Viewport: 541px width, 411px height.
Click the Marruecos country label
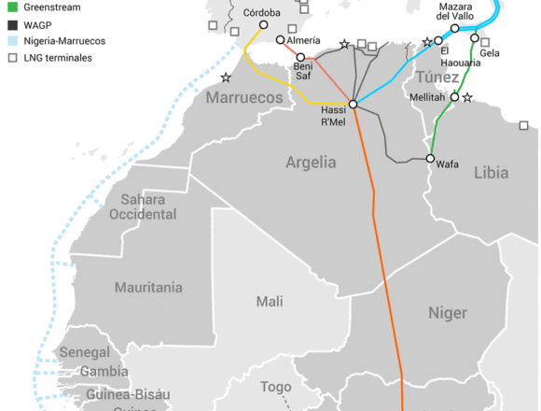pos(244,97)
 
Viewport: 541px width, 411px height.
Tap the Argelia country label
pos(311,162)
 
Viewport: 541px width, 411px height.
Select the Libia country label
pos(492,173)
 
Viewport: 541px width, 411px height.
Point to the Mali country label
pos(270,301)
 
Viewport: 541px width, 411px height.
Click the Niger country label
pos(447,312)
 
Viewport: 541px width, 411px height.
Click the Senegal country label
pos(85,352)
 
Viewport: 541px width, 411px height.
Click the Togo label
pos(276,387)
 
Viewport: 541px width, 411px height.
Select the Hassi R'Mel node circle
pos(354,104)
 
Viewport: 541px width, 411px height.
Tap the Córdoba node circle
pos(263,25)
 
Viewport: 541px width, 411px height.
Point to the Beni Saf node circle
pos(301,58)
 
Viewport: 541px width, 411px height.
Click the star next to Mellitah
pos(467,97)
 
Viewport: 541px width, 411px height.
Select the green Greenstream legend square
pos(12,7)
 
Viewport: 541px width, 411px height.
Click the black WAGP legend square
pos(12,24)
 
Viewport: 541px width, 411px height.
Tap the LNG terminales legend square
pos(12,58)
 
